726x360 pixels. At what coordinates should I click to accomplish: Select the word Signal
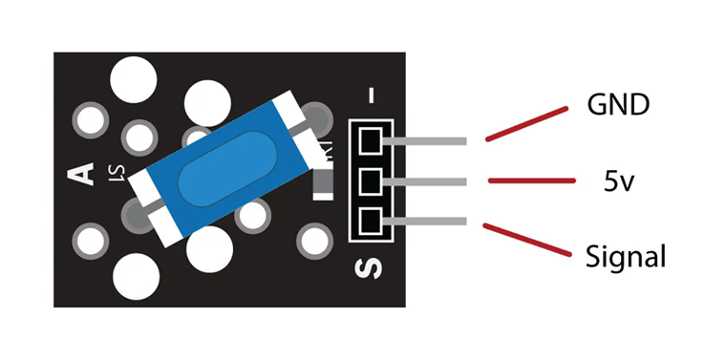tap(625, 256)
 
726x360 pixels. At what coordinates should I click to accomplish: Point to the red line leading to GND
tap(523, 124)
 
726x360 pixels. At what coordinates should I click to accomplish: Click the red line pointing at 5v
tap(531, 180)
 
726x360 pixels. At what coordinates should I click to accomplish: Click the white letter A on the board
tap(82, 175)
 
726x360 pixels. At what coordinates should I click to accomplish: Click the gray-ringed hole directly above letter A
tap(91, 120)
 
